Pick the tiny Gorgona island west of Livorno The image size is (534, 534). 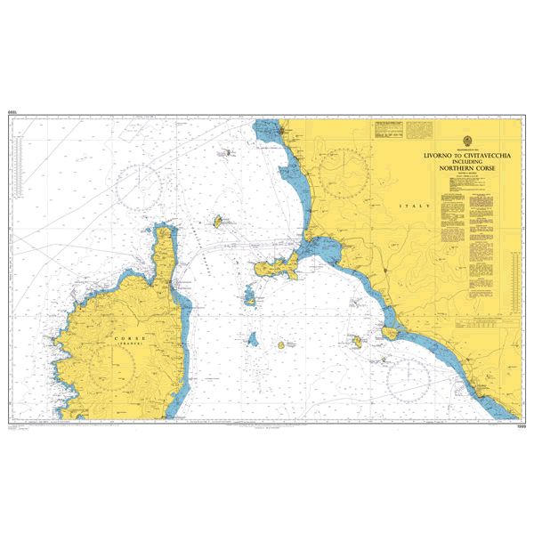[227, 152]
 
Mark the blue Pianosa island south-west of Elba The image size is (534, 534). [253, 340]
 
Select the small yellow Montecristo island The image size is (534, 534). [282, 344]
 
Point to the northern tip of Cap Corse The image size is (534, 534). [165, 229]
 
